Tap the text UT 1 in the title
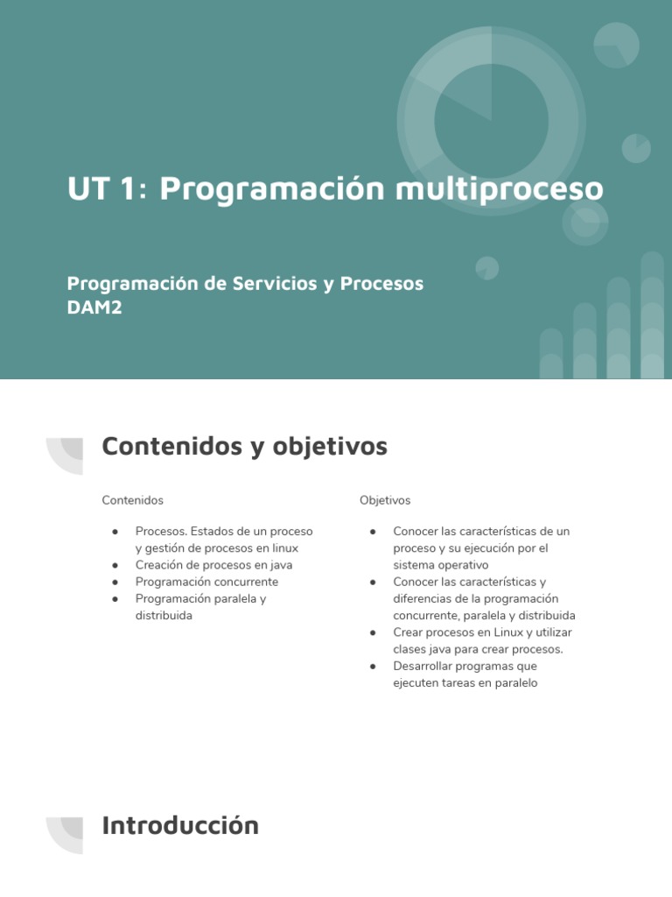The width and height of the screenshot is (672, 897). [99, 188]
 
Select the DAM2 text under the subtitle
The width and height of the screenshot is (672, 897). [94, 307]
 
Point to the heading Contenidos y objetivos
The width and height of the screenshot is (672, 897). [244, 447]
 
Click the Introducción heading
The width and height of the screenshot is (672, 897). [180, 825]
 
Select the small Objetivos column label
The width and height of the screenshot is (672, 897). [384, 500]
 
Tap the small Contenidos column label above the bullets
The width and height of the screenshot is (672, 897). [132, 500]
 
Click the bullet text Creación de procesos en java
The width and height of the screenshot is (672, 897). [213, 565]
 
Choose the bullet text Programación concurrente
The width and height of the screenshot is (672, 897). [206, 582]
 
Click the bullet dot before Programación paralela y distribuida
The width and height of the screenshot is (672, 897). [115, 599]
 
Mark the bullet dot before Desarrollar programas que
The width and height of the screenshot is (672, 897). [373, 667]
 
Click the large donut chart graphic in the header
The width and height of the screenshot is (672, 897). [491, 120]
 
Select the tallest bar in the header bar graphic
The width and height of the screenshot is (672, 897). [652, 315]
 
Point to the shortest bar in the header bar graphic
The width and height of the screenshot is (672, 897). [551, 354]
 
